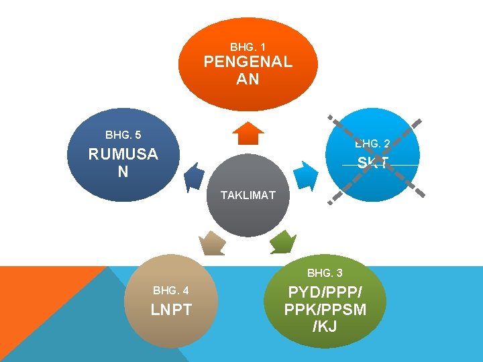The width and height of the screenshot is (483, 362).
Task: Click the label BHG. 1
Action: pos(248,48)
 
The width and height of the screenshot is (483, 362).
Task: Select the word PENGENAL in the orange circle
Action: pos(248,62)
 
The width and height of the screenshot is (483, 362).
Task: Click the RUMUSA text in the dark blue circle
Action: pos(123,154)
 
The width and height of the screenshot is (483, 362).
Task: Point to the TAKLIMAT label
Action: pos(248,195)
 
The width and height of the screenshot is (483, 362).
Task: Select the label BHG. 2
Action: pos(372,143)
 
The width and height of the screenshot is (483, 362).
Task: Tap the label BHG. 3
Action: pos(325,274)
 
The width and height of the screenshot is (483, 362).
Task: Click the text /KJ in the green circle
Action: pos(325,326)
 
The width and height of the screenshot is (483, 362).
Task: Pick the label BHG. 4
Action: pos(170,291)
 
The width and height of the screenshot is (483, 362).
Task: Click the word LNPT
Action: pos(172,310)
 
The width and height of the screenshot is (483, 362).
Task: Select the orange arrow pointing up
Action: pos(248,133)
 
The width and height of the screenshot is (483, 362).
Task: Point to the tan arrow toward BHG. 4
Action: pos(213,242)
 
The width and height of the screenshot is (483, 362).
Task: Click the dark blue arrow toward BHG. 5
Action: pos(194,176)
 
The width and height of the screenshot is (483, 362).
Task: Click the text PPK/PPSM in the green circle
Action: pos(325,310)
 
